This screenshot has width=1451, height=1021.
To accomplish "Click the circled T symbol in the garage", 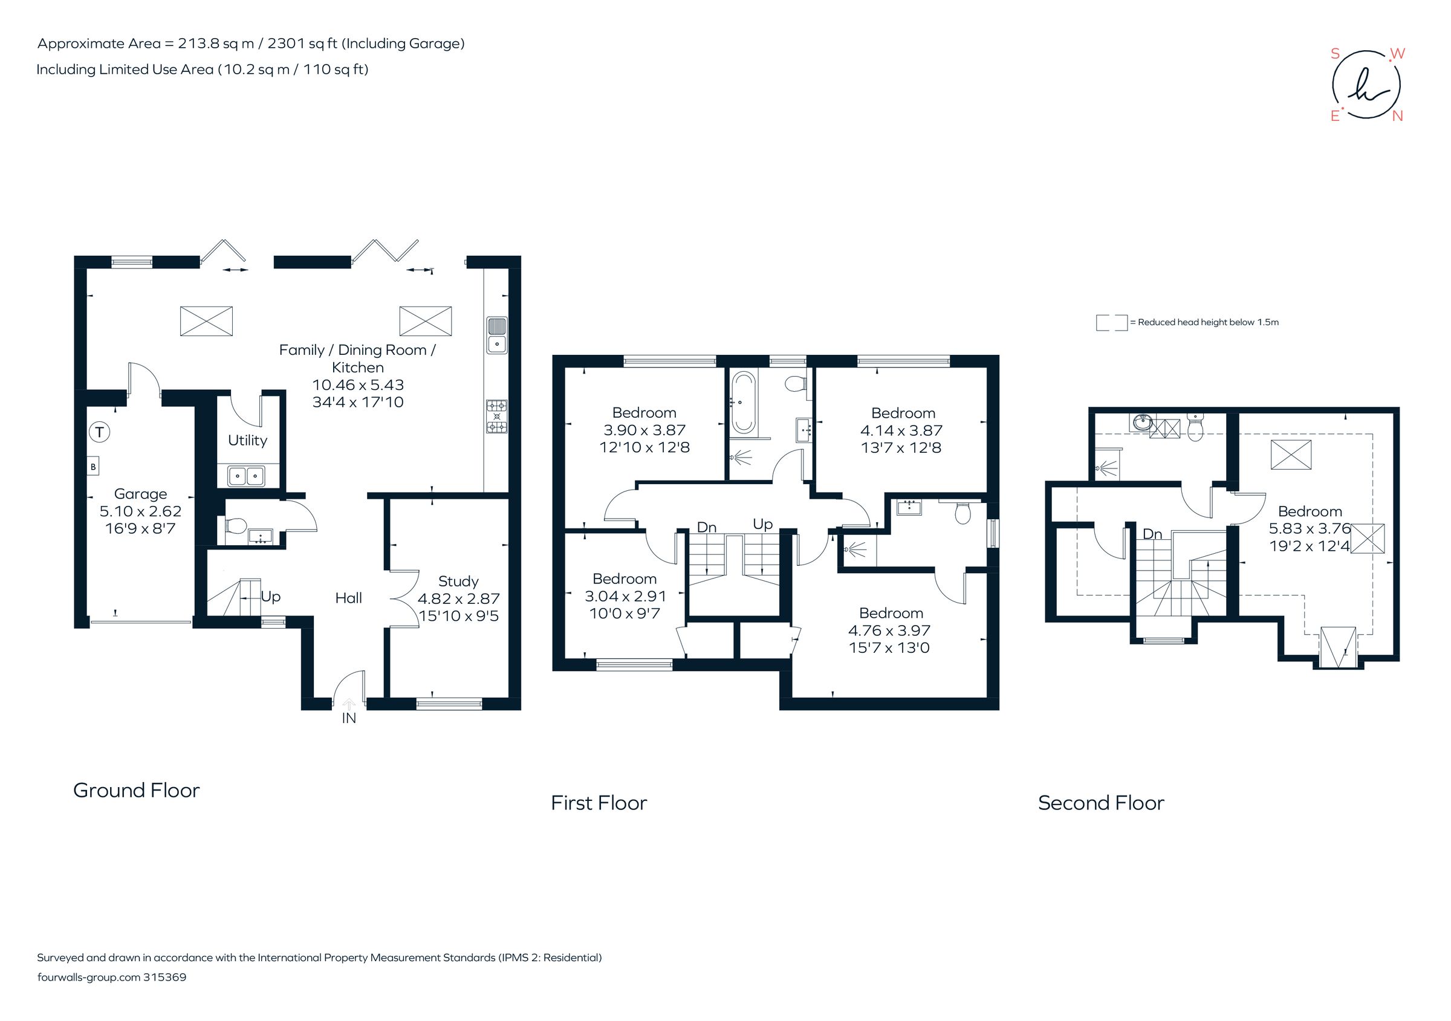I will click(x=99, y=432).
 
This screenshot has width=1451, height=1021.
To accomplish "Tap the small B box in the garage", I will click(x=94, y=467).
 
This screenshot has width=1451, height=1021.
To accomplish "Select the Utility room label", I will click(x=247, y=440).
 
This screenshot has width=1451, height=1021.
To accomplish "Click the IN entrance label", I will click(x=349, y=718).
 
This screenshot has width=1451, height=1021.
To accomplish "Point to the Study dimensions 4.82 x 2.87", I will click(x=458, y=598).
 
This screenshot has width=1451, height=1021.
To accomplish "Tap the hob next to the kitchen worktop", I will click(x=496, y=417).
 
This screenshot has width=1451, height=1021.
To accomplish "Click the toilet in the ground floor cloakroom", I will click(x=235, y=526).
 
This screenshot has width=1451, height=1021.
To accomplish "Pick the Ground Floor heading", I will click(x=137, y=791).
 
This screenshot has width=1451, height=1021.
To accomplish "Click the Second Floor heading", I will click(x=1100, y=803).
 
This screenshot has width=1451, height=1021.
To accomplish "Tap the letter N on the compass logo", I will click(x=1397, y=116).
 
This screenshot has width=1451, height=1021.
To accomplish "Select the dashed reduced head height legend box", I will click(x=1111, y=323).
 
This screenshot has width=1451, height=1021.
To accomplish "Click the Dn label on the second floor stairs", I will click(x=1152, y=534).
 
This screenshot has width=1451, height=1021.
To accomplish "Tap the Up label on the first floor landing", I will click(x=762, y=524).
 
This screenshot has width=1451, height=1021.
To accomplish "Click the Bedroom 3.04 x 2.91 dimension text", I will click(x=625, y=596).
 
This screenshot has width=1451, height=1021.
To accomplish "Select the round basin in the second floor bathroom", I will click(x=1143, y=422).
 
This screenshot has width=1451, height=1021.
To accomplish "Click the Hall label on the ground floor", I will click(x=348, y=598).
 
